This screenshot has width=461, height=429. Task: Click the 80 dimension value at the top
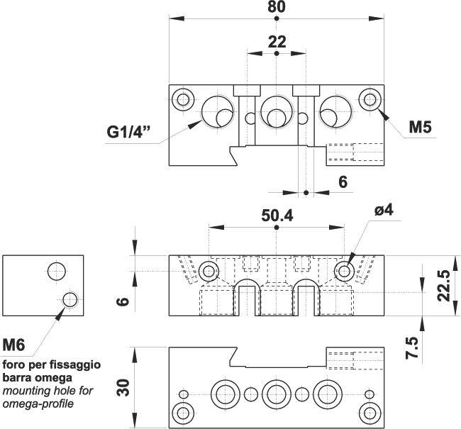277,7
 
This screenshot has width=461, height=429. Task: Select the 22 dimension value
277,42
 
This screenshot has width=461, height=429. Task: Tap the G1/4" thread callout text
128,132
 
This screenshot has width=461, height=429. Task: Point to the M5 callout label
421,127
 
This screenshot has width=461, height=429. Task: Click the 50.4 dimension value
277,216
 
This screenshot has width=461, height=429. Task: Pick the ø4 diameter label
384,210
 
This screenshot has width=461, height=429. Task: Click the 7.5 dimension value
412,347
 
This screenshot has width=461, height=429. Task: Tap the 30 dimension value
123,388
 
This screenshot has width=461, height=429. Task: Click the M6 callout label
13,345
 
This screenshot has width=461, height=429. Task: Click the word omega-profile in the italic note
38,403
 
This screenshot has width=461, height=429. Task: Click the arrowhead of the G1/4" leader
195,124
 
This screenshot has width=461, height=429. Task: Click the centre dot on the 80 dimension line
277,18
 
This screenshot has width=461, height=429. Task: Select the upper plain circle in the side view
57,271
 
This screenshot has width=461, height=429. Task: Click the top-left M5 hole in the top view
183,99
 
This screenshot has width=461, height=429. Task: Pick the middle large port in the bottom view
277,394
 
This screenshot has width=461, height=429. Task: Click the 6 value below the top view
343,182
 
